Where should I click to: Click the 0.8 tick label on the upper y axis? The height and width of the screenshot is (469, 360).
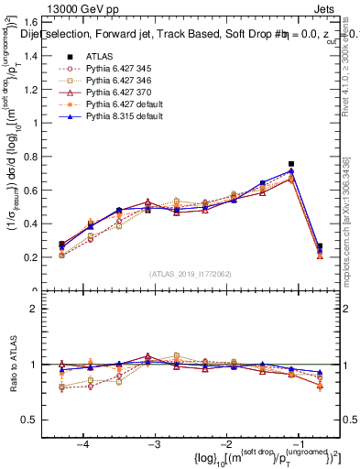[33, 156]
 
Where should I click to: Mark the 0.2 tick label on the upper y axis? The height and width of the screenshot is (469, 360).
[33, 257]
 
